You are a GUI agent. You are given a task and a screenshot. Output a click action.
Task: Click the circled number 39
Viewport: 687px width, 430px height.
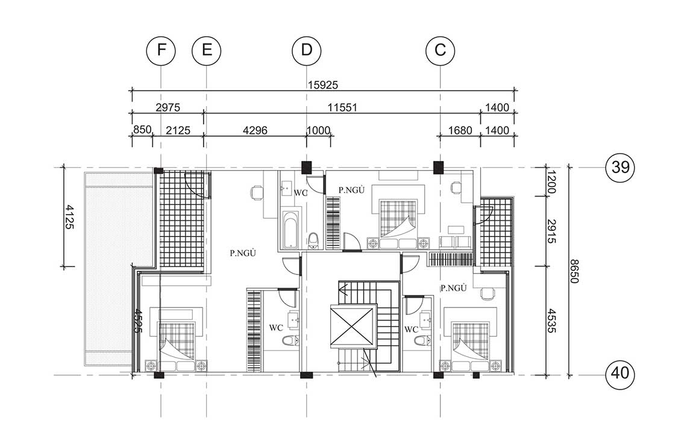tap(620, 167)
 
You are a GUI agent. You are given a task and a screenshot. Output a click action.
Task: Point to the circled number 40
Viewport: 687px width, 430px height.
tap(620, 373)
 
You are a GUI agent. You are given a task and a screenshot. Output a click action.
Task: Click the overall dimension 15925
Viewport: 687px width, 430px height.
tap(322, 84)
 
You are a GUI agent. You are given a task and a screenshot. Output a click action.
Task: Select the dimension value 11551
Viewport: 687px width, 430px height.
tap(343, 107)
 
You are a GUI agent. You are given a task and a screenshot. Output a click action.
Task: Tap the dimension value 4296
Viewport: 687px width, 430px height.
tap(254, 130)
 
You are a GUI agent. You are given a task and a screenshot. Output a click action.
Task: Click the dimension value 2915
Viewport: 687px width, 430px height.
tap(551, 232)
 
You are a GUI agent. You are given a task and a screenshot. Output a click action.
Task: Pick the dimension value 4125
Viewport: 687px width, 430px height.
tap(69, 216)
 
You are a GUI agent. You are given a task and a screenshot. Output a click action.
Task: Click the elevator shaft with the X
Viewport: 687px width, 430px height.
tap(353, 326)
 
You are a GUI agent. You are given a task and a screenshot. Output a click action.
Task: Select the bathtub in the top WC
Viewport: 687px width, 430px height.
tap(290, 230)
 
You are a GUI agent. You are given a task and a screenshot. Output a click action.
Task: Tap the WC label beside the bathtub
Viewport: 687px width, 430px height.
tap(301, 192)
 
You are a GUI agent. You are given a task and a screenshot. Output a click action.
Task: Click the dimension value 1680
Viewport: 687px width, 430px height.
tap(460, 130)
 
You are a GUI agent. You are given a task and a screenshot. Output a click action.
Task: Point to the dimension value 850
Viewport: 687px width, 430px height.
tap(142, 130)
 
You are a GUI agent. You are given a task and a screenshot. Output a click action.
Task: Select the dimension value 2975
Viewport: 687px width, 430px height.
tap(168, 107)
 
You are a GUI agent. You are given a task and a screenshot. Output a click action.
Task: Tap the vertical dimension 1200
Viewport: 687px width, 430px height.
tap(551, 182)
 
